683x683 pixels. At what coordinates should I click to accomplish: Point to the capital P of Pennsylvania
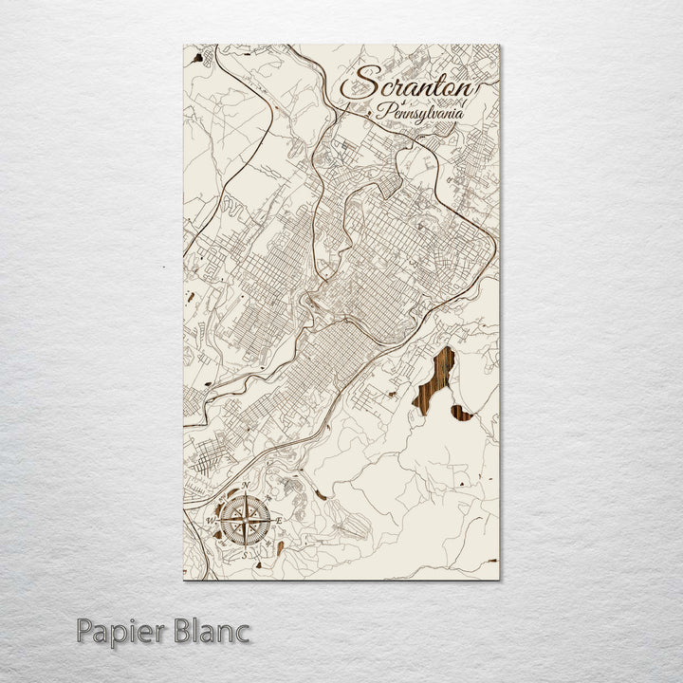click(x=380, y=112)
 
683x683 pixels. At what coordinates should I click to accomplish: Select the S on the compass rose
click(x=246, y=555)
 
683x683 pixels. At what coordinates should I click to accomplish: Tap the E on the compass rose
click(x=281, y=521)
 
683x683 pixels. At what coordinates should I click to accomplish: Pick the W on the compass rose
click(x=211, y=521)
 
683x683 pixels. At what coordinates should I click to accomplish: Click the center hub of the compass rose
click(x=246, y=521)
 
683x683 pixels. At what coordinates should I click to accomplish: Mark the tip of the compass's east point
click(x=271, y=521)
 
